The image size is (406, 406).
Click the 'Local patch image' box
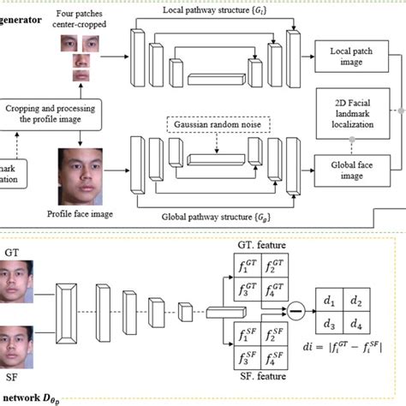(x=349, y=56)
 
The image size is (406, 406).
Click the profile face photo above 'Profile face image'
(x=80, y=171)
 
